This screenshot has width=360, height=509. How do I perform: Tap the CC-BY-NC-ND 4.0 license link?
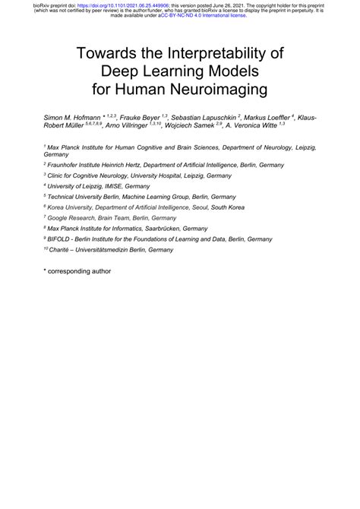(213, 15)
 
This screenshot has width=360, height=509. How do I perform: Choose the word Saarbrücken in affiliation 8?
(187, 228)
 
